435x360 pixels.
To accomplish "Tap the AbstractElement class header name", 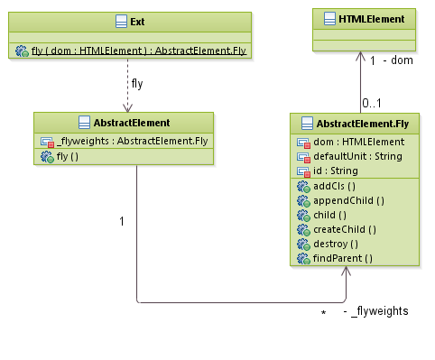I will click(x=125, y=122).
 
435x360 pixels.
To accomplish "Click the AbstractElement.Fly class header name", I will click(x=358, y=123).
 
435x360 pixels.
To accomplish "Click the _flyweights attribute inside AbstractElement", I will click(x=132, y=141).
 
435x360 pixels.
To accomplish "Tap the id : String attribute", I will click(x=335, y=171).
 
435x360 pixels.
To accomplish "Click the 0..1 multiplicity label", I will click(x=371, y=102).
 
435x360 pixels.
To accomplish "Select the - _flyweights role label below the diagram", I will click(x=376, y=311).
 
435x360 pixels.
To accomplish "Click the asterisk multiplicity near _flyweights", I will click(x=323, y=313).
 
